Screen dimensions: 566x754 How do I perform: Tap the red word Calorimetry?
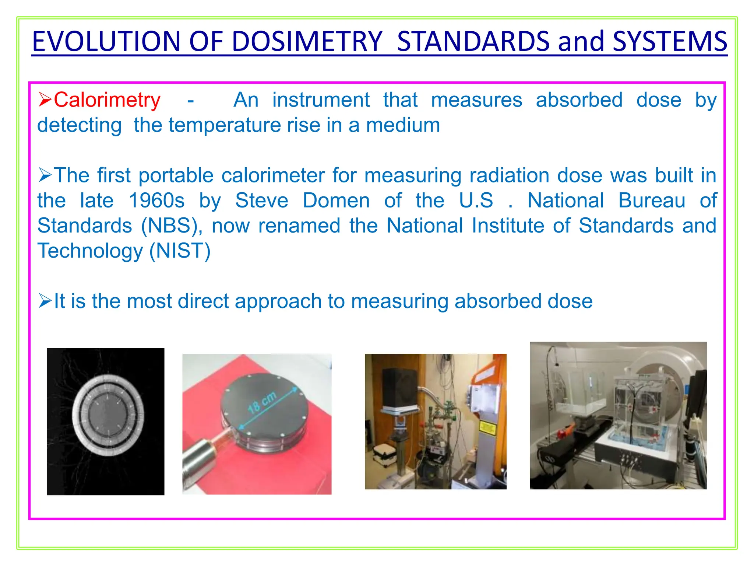coord(107,100)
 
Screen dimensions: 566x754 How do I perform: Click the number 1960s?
coord(156,201)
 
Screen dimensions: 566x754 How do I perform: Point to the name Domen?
coord(336,201)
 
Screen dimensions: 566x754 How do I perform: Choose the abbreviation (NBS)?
coord(172,226)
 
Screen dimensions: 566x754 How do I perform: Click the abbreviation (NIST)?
coord(180,251)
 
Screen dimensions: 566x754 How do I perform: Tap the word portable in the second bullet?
coord(176,175)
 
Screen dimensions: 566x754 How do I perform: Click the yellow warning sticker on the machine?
coord(487,428)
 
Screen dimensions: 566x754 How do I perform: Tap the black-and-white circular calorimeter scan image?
coord(106,421)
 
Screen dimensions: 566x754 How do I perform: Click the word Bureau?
coord(652,201)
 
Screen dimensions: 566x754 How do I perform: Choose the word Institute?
coord(508,226)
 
